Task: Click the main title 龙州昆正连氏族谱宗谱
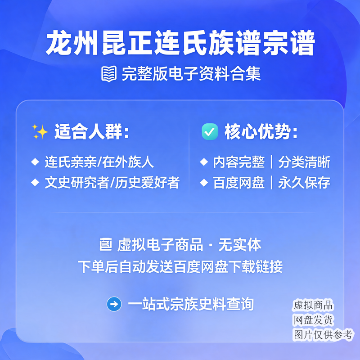[x=180, y=43]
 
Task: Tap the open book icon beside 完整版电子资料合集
[x=109, y=74]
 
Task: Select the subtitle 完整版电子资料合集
[x=191, y=74]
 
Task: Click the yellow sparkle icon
[x=40, y=131]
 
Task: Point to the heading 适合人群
[x=92, y=132]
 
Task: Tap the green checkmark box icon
[x=210, y=131]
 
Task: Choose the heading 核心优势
[x=261, y=132]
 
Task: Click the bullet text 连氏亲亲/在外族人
[x=99, y=162]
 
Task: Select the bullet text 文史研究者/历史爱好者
[x=112, y=183]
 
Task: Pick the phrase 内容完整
[x=239, y=162]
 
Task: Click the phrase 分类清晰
[x=304, y=162]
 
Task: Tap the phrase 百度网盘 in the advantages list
[x=239, y=183]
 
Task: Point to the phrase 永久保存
[x=304, y=183]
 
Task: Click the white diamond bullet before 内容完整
[x=204, y=162]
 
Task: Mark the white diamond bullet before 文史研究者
[x=35, y=182]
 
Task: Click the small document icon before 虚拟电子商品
[x=106, y=244]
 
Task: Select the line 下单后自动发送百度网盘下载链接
[x=180, y=266]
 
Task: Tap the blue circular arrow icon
[x=114, y=304]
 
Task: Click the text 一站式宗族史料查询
[x=191, y=304]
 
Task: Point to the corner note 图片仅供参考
[x=323, y=335]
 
